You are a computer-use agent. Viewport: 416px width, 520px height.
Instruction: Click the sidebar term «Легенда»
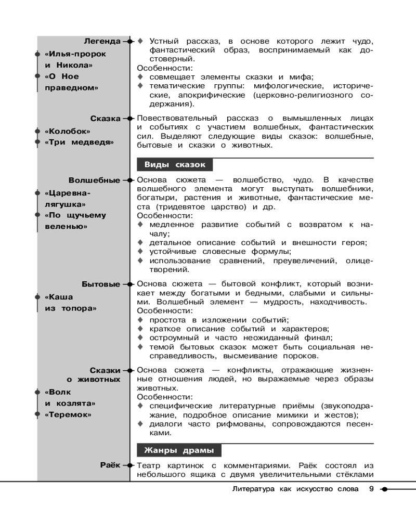point(102,41)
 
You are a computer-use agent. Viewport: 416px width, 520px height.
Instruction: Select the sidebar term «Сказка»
point(106,119)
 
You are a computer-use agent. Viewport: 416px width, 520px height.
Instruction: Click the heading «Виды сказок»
point(175,165)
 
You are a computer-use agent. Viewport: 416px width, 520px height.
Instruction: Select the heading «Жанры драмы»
point(179,450)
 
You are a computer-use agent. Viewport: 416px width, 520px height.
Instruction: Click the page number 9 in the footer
point(371,489)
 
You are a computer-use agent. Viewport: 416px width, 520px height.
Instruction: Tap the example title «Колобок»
point(68,132)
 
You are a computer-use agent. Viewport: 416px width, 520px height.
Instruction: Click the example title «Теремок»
point(68,414)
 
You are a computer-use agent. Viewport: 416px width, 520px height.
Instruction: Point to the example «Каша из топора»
point(70,303)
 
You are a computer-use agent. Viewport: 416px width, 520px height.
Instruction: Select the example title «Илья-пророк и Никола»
point(75,59)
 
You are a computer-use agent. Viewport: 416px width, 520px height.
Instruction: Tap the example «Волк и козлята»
point(70,397)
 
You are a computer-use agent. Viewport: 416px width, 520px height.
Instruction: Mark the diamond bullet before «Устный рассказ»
point(140,41)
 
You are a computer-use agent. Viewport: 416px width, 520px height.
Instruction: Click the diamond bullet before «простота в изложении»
point(140,320)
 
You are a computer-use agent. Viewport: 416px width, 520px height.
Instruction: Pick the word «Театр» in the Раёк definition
point(149,465)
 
